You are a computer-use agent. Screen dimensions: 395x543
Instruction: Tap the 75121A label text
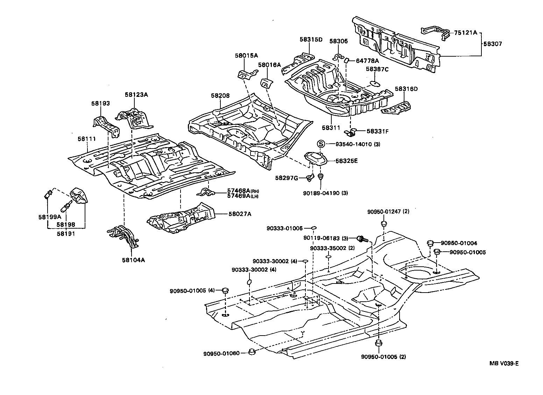[x=465, y=33]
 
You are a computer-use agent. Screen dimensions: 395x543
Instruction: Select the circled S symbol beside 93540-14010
[x=321, y=144]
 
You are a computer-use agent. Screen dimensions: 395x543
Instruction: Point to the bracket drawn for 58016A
[x=267, y=83]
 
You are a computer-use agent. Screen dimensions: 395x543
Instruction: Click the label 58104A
[x=133, y=260]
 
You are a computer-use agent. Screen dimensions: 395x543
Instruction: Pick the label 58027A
[x=239, y=214]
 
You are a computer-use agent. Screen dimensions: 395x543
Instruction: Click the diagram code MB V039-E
[x=504, y=364]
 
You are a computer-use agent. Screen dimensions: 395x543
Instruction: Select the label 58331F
[x=378, y=131]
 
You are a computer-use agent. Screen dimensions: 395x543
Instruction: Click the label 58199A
[x=50, y=217]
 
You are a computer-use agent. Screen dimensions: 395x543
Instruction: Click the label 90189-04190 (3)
[x=325, y=193]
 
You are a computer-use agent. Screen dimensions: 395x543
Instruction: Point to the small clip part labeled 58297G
[x=309, y=178]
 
